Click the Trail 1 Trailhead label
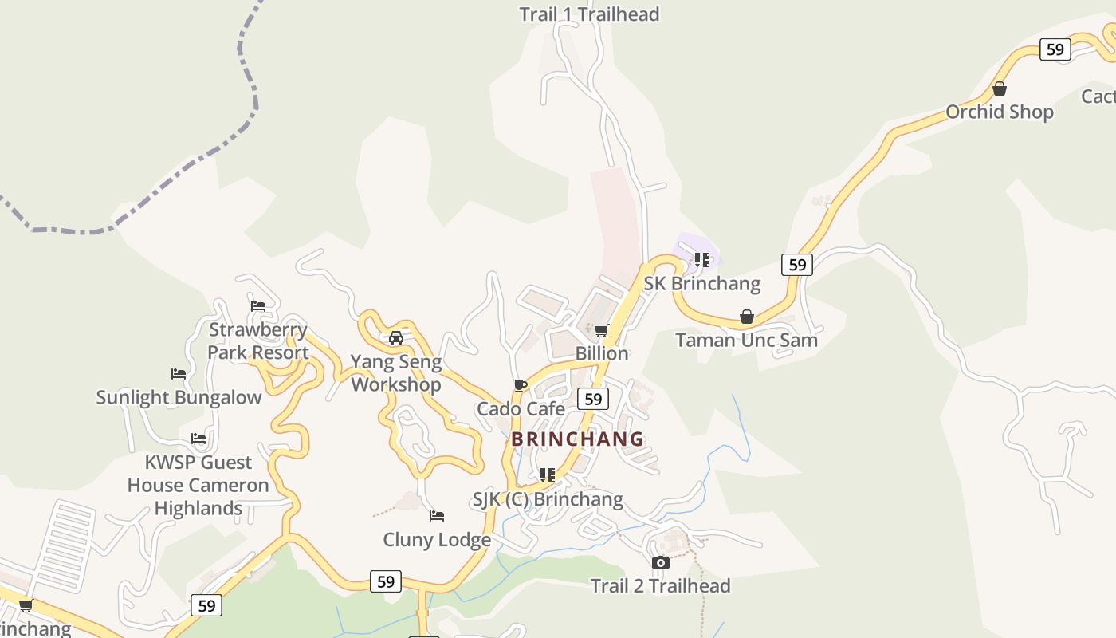pos(589,14)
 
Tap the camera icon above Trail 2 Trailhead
pos(660,562)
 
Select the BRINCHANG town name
pos(577,439)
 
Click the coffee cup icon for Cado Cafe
pos(520,386)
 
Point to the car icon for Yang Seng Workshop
pos(396,338)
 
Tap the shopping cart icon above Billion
pos(602,330)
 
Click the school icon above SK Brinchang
pos(702,260)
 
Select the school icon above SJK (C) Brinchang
pos(547,475)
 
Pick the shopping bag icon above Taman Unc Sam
pos(747,317)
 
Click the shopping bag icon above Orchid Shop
pos(1000,89)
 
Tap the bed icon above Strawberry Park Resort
pos(258,305)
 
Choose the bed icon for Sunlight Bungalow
pos(179,373)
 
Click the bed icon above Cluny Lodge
pos(437,516)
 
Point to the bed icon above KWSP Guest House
pos(198,439)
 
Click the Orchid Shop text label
pos(1000,112)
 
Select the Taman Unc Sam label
pos(747,341)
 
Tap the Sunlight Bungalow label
pos(179,397)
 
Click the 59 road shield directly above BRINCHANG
pos(592,399)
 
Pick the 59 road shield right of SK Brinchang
pos(796,264)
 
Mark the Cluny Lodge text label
pos(437,540)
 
